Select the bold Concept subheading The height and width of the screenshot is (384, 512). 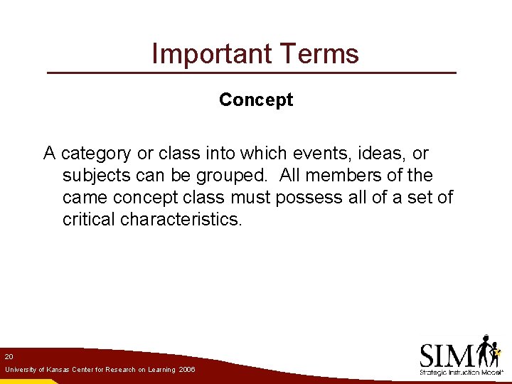pyautogui.click(x=256, y=100)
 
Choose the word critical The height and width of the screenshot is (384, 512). pyautogui.click(x=89, y=220)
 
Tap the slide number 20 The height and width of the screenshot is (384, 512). pyautogui.click(x=9, y=356)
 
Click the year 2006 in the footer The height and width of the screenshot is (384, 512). pyautogui.click(x=187, y=370)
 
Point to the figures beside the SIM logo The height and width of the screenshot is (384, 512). pyautogui.click(x=489, y=351)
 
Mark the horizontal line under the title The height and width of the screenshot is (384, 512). pyautogui.click(x=251, y=73)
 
